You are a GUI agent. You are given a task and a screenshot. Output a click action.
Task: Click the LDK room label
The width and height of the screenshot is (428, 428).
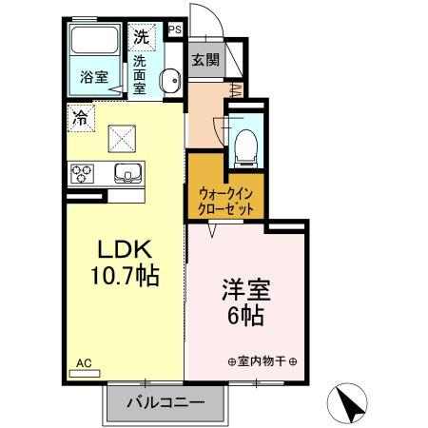point(123,251)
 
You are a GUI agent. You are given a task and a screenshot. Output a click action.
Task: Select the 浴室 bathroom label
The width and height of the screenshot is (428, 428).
point(92,77)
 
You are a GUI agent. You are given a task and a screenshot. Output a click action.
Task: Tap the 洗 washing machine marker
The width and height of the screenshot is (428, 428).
point(141,39)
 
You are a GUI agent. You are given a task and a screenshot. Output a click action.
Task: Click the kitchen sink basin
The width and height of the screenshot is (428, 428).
point(126,173)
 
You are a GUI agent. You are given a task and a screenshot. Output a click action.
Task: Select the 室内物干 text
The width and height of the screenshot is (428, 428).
point(262,361)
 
